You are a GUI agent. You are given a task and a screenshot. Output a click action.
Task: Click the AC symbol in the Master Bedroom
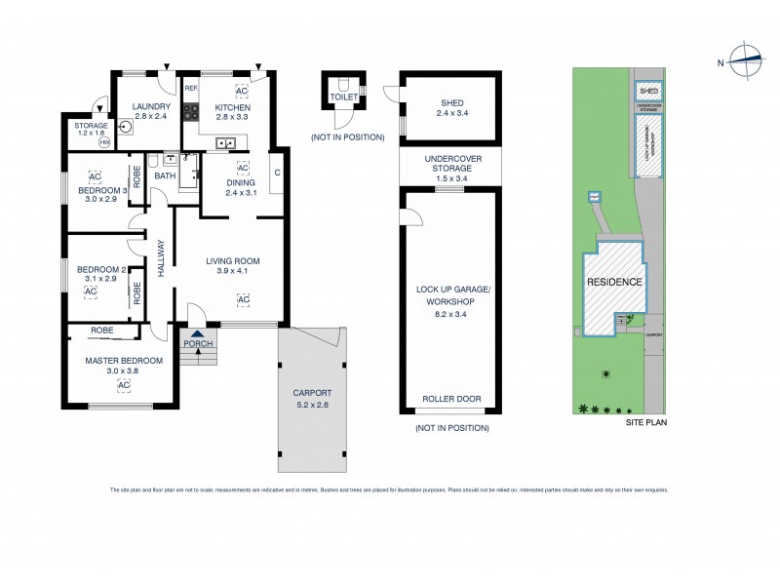pos(124,385)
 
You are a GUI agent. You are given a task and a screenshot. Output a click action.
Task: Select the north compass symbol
pos(746,59)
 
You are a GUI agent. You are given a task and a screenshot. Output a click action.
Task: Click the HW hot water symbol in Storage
pos(103,140)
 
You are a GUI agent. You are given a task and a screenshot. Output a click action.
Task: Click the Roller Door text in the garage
pos(449,400)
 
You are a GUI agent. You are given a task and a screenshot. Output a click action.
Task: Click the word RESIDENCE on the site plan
pos(614,282)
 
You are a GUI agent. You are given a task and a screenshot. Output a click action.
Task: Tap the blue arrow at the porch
pos(198,334)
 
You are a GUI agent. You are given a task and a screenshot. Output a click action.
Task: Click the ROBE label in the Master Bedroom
pos(101,331)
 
